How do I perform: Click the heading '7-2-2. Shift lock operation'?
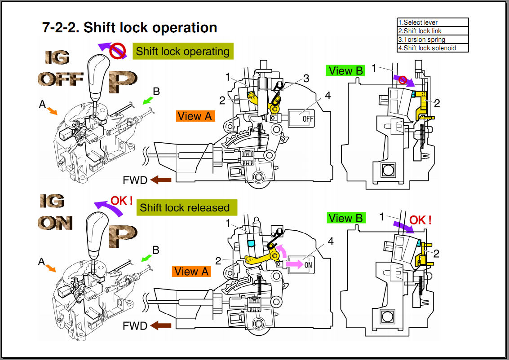point(130,27)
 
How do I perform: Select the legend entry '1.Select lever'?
point(418,22)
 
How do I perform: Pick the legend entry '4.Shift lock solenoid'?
point(427,48)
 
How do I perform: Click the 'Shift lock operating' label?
point(183,51)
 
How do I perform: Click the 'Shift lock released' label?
point(185,207)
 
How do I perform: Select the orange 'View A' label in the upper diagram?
point(195,116)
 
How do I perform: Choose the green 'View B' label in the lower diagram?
point(346,218)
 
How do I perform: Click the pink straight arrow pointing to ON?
point(294,264)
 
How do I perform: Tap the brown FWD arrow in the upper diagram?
point(161,180)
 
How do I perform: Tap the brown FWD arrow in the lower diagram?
point(161,325)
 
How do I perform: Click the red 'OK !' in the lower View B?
point(420,220)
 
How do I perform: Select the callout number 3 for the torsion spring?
point(306,79)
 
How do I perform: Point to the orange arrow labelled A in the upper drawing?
point(52,110)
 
